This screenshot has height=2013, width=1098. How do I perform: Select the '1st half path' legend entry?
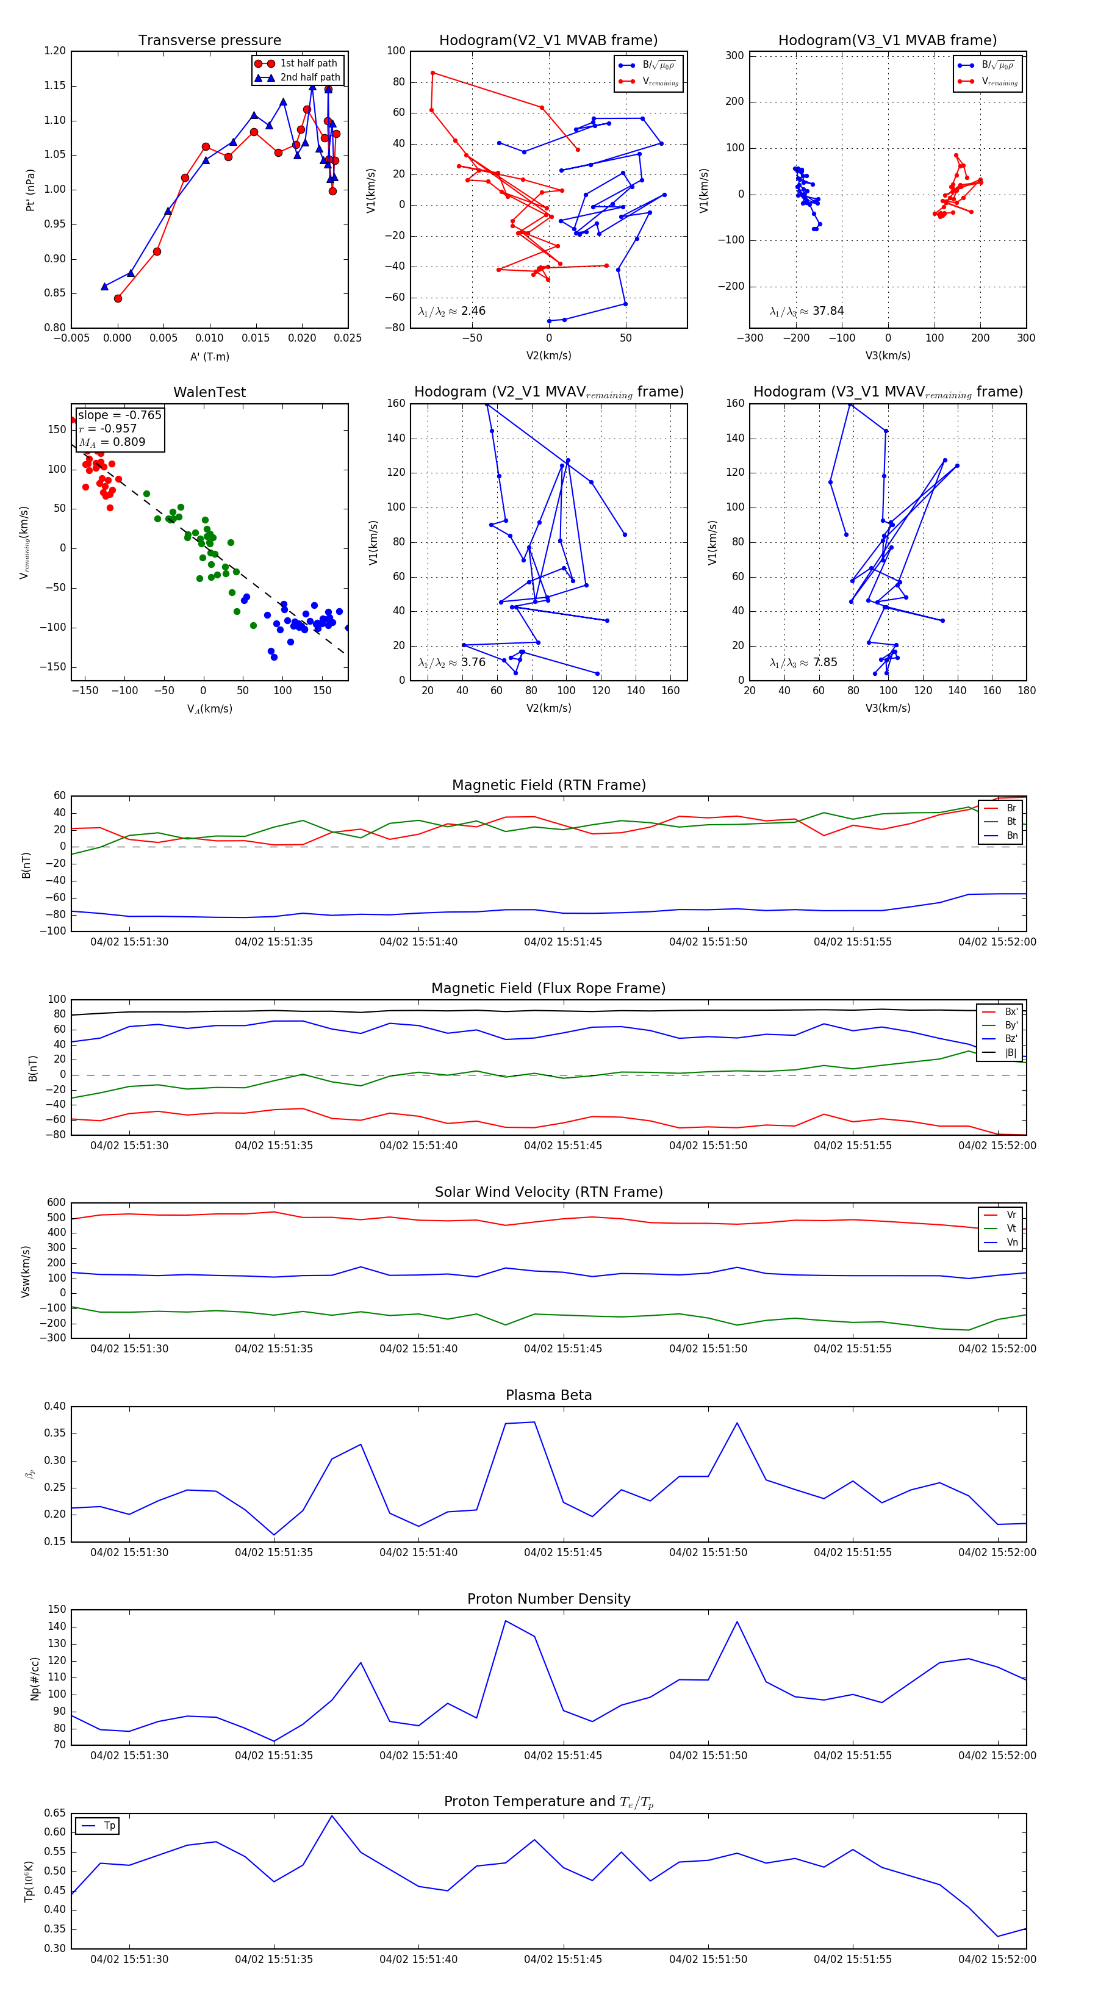pos(308,63)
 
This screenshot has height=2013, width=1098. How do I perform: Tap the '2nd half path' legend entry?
pos(309,77)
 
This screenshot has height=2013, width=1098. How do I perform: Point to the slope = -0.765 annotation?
pos(120,415)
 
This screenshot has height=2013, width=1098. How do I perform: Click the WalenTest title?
pos(209,392)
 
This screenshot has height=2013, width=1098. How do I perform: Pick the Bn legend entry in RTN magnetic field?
pos(1011,835)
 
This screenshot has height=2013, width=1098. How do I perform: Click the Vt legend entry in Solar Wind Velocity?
pos(1011,1229)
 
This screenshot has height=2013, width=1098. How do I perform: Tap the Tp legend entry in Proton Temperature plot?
pos(109,1826)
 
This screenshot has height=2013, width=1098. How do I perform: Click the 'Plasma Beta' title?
pos(548,1395)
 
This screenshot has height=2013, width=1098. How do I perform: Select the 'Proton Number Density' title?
pos(548,1598)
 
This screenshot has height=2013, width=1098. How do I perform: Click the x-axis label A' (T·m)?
pos(209,356)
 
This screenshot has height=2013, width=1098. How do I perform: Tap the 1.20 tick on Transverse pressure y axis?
pos(55,51)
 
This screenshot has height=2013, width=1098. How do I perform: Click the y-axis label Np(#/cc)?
pos(34,1677)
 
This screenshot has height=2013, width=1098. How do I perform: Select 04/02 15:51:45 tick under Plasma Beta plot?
pos(562,1552)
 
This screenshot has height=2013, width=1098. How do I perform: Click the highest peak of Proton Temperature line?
pos(331,1815)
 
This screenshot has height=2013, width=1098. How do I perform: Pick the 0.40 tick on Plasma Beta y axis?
pos(55,1406)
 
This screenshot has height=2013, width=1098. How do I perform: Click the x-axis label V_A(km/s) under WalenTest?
pos(209,709)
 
